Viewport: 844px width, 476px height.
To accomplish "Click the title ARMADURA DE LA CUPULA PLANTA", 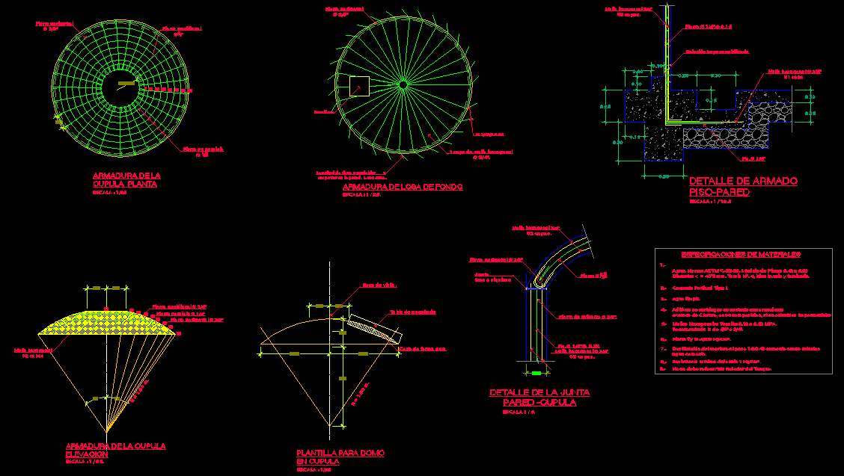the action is coord(126,180).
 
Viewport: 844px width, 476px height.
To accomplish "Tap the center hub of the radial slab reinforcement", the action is coord(403,84).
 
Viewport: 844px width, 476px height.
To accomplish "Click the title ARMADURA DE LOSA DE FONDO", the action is coord(402,187).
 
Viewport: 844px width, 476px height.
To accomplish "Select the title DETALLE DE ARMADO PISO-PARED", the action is coord(742,187).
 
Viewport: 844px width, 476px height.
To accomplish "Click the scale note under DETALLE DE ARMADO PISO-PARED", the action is coord(710,201).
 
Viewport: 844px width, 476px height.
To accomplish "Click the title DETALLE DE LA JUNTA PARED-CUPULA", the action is coord(539,397).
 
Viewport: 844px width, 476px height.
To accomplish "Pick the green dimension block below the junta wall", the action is coord(536,371).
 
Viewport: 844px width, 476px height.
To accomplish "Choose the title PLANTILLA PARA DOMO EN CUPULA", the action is coord(340,457).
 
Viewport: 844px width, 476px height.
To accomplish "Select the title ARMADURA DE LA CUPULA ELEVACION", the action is coord(115,450).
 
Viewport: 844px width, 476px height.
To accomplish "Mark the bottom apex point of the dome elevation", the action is coord(106,432).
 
